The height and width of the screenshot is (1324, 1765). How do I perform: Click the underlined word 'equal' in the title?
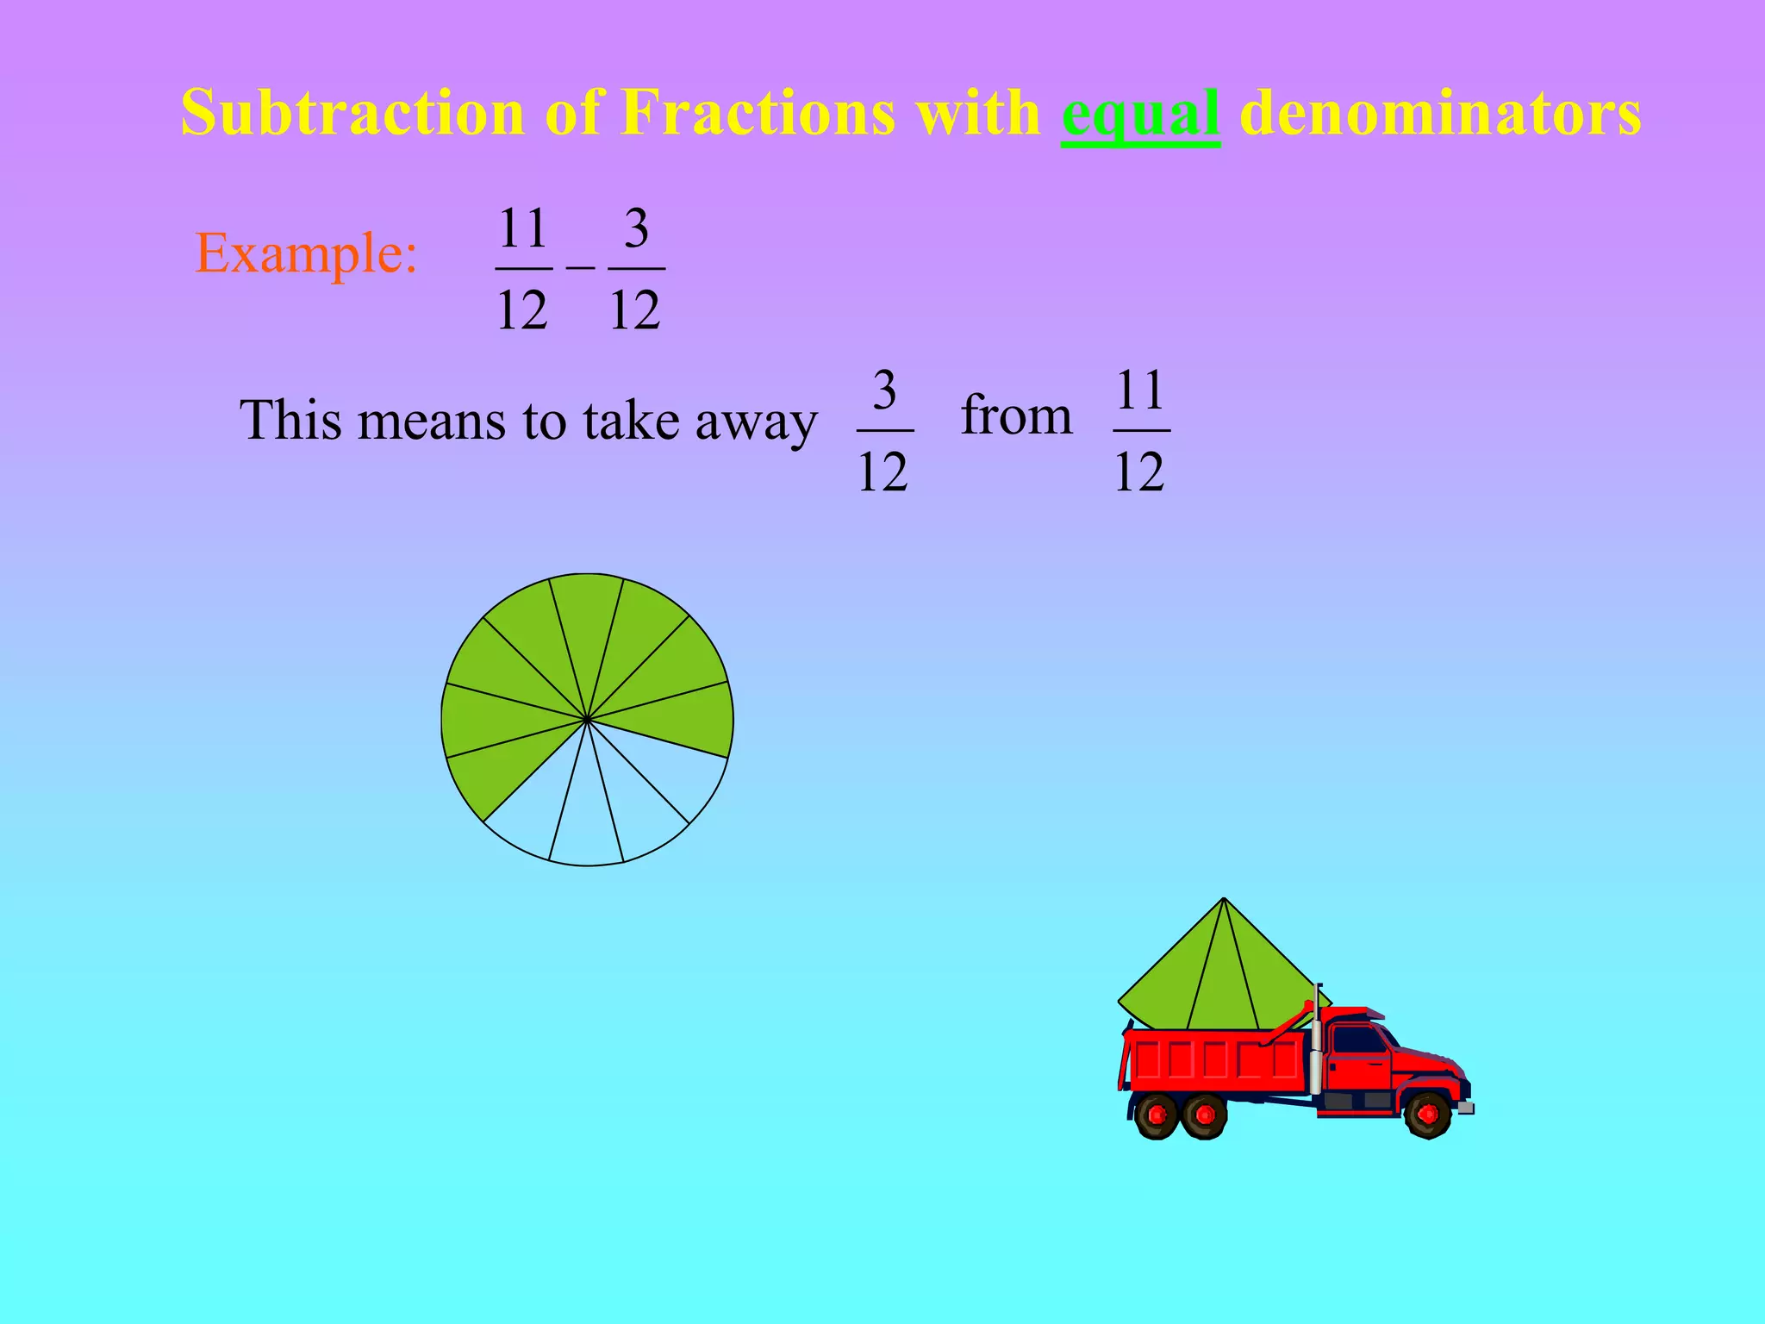1140,115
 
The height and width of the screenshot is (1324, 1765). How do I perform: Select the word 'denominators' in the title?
1440,113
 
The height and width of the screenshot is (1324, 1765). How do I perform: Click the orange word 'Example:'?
307,253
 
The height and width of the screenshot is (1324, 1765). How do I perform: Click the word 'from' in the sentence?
1016,415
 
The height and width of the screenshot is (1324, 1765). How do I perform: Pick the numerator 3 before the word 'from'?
884,390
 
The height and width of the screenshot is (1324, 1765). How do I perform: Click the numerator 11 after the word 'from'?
1141,390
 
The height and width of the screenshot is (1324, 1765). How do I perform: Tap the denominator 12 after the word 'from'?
1139,472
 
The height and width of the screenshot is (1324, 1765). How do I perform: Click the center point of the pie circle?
587,719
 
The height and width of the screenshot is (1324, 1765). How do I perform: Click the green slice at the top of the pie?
587,621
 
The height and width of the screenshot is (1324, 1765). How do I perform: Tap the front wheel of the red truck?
1427,1115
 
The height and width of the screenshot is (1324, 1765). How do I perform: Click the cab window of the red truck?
1356,1040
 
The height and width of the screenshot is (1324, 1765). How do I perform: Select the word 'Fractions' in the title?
758,113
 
